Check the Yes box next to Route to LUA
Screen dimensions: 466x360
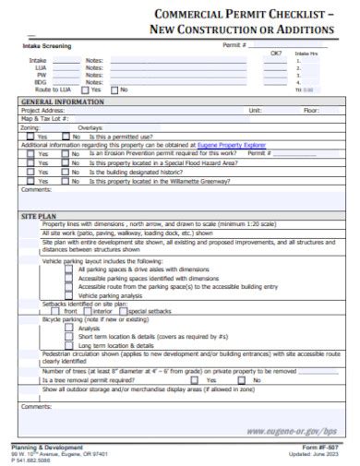(86, 90)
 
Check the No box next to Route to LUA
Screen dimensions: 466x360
(114, 90)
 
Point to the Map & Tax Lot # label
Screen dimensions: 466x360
(45, 117)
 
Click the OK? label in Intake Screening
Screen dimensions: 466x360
(275, 53)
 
